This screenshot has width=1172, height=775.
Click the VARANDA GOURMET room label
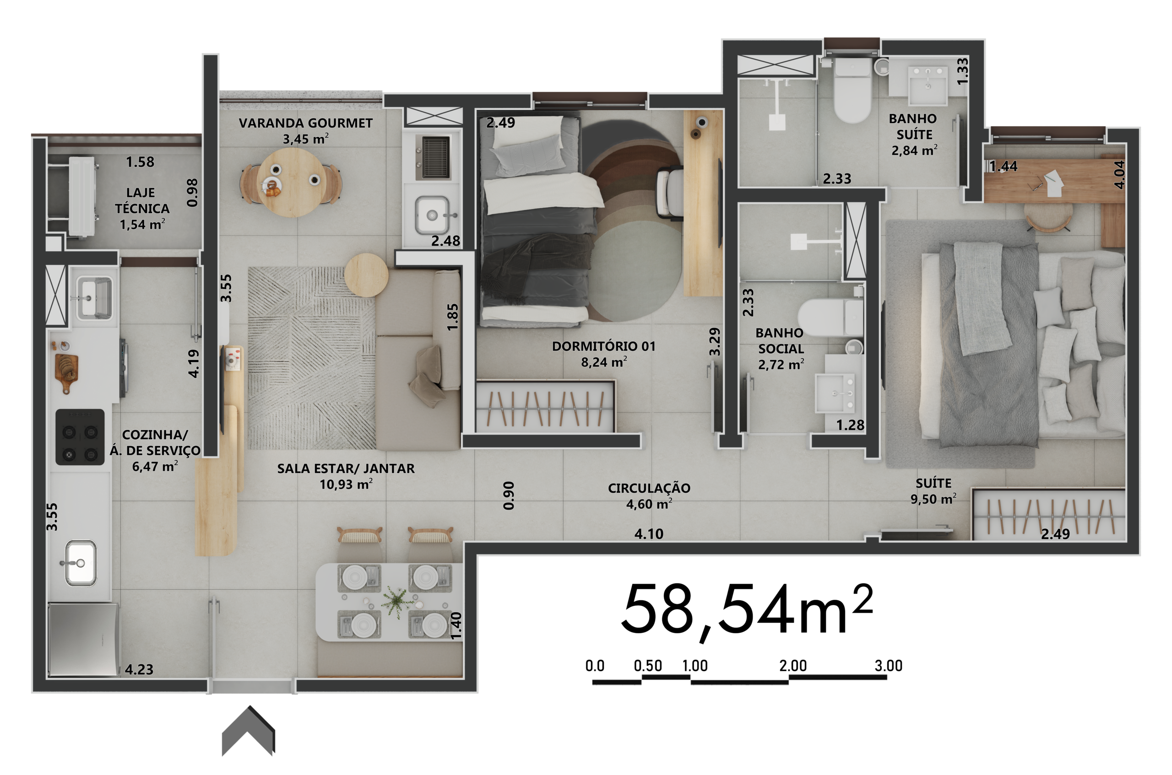[x=306, y=123]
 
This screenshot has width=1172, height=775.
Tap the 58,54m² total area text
[x=747, y=610]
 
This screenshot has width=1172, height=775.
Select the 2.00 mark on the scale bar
[x=793, y=666]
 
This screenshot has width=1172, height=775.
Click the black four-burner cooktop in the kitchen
[x=80, y=437]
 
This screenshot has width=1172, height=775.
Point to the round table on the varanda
[x=291, y=183]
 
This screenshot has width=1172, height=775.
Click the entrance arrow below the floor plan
[x=248, y=731]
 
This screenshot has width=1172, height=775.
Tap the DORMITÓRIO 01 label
[x=604, y=346]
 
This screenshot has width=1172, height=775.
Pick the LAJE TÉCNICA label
[x=142, y=201]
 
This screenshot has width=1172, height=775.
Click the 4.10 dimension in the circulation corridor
[x=649, y=534]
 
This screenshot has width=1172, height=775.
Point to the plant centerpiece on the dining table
[x=396, y=601]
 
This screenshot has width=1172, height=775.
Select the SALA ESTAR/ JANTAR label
[x=346, y=468]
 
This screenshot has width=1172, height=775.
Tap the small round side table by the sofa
[x=366, y=275]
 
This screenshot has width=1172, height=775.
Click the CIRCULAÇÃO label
[x=649, y=488]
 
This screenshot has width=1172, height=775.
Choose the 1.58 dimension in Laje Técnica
[x=140, y=161]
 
